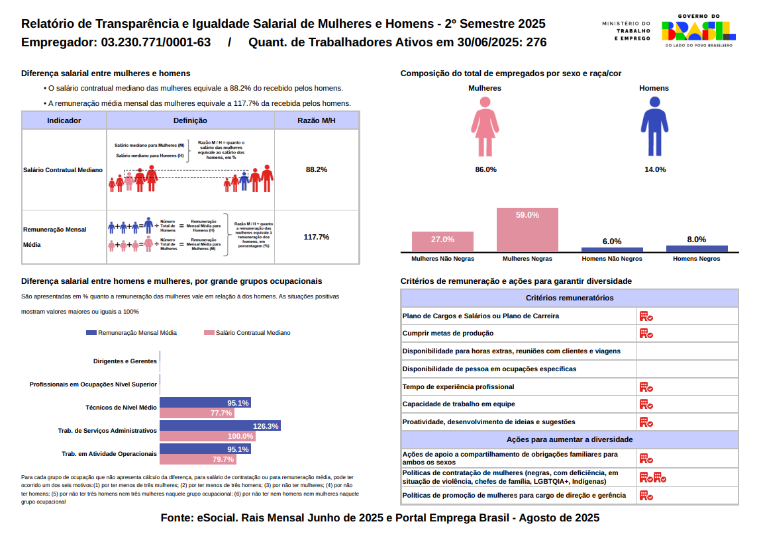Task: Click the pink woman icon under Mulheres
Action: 485,127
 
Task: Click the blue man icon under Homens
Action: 654,127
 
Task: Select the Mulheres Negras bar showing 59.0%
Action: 527,230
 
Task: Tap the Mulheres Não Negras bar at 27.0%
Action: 442,242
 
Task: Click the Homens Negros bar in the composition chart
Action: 696,249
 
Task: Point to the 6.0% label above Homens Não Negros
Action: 611,242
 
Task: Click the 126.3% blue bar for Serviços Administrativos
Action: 220,426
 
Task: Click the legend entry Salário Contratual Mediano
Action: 248,333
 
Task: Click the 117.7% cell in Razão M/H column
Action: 316,237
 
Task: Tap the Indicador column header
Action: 64,120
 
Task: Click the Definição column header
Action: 190,120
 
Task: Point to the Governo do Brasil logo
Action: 698,30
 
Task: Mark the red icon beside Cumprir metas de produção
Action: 646,334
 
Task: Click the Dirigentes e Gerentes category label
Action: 125,361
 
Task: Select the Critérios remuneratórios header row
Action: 569,298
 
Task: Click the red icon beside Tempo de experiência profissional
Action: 646,387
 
